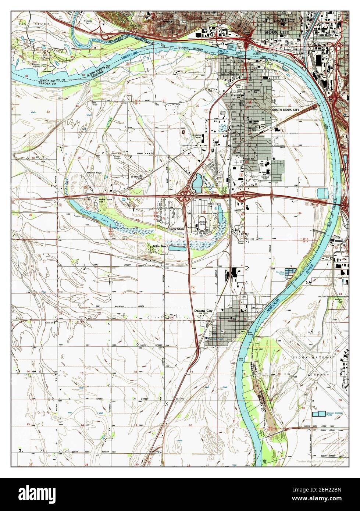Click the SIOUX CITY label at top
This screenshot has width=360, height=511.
pos(277,32)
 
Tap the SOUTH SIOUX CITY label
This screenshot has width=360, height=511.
pos(285,110)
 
